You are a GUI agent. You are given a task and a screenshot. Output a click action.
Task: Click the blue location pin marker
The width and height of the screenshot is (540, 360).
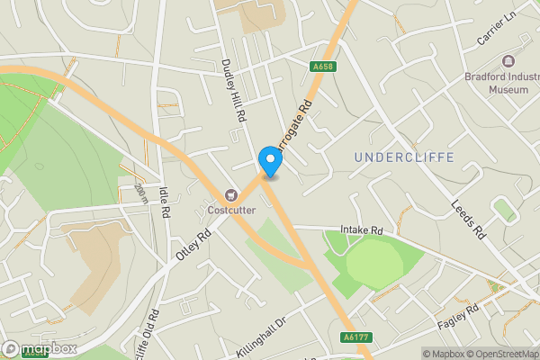pyautogui.click(x=270, y=162)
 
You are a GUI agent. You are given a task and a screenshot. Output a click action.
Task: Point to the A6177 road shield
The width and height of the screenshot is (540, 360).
pyautogui.click(x=355, y=337)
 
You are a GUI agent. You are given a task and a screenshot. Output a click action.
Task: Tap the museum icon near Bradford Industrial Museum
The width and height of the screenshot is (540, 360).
pyautogui.click(x=509, y=61)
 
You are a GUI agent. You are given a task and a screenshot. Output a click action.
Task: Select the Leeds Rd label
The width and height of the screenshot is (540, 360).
pyautogui.click(x=468, y=219)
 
